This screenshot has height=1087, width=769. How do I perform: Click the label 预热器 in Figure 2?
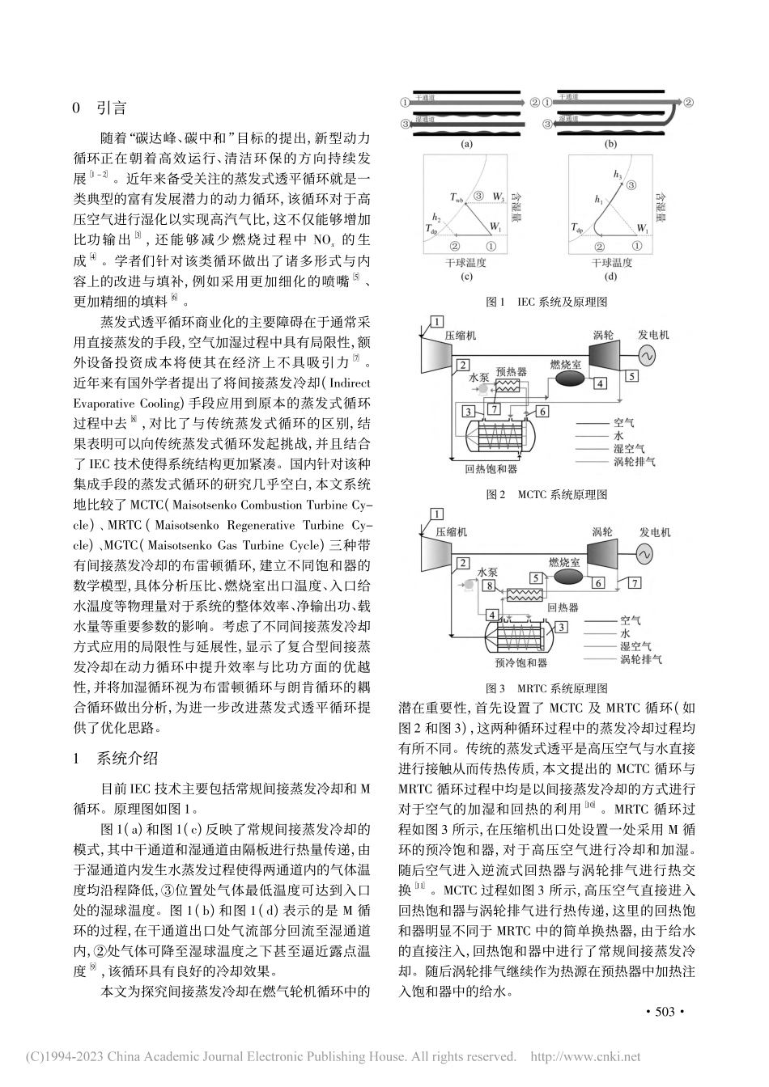pyautogui.click(x=512, y=372)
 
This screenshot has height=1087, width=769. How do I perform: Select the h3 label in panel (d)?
pyautogui.click(x=618, y=175)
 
